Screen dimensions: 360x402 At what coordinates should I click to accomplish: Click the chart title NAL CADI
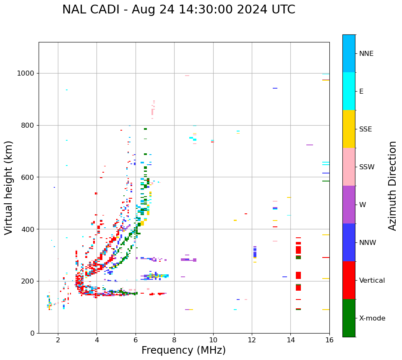pos(178,10)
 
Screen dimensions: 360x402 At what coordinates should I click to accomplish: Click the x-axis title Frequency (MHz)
pos(183,350)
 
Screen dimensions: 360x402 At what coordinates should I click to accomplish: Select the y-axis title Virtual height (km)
pos(9,187)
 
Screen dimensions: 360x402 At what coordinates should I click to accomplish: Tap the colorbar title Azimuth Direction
pos(392,185)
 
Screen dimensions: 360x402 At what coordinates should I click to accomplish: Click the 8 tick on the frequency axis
pos(174,339)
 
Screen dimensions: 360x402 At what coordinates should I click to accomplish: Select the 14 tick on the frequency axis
pos(291,339)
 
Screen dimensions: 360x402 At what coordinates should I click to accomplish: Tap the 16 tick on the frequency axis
pos(329,339)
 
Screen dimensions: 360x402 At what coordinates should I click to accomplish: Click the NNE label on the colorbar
pos(366,54)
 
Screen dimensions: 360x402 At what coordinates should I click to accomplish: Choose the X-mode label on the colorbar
pos(372,318)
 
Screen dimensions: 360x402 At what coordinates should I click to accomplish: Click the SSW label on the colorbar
pos(367,167)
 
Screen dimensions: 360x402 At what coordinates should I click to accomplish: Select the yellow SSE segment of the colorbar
pos(349,129)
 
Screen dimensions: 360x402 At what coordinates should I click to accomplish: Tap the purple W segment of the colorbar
pos(349,205)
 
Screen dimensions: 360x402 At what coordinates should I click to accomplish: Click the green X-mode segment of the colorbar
pos(349,318)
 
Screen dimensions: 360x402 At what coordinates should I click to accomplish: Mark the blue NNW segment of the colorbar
pos(349,242)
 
